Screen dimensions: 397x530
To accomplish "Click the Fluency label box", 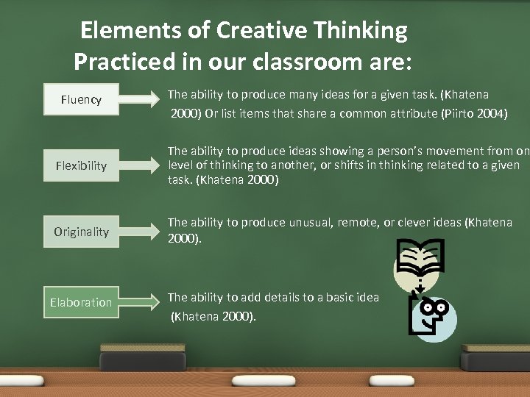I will (x=81, y=99).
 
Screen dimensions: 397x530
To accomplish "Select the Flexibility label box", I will (x=81, y=165).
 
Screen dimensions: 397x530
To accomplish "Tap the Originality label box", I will (x=81, y=232).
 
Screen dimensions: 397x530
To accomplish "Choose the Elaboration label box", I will (x=81, y=302).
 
